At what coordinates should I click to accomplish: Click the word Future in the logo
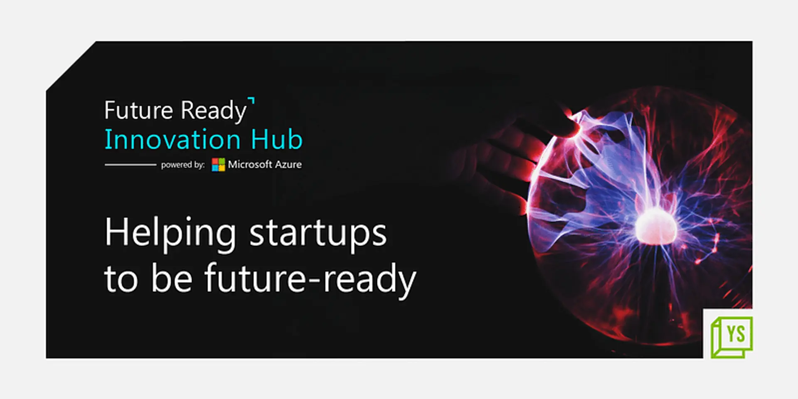point(138,111)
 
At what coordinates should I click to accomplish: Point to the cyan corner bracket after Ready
point(251,101)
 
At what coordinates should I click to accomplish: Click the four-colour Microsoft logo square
point(218,165)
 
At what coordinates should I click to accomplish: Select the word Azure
point(288,165)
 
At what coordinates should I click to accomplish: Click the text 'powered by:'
point(183,165)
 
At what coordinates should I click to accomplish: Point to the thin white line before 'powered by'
point(130,165)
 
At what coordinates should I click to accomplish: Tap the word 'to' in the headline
point(121,279)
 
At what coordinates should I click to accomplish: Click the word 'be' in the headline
point(172,278)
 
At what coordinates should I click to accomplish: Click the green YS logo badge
point(731,337)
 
